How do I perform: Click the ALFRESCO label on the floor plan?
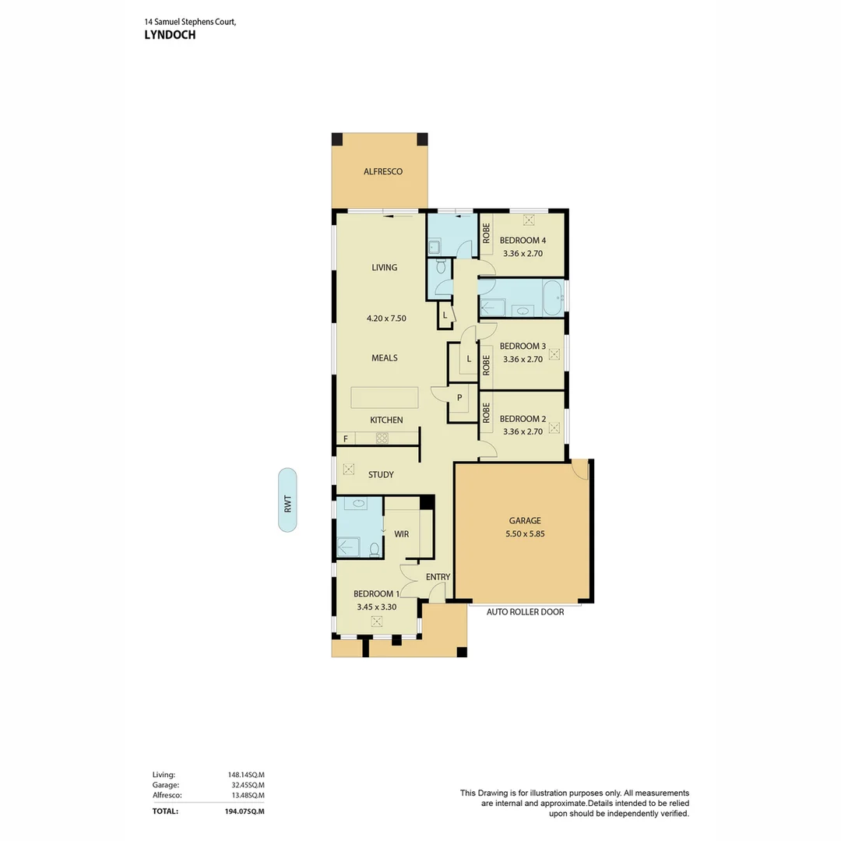pos(383,171)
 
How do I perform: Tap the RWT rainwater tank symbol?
pos(287,500)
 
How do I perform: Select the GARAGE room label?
pos(524,520)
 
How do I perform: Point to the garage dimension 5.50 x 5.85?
pos(524,534)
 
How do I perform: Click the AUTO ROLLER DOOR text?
pos(525,612)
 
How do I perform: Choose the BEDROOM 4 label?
pos(523,241)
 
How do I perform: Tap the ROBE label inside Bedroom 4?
pos(486,234)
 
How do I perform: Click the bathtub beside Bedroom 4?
pos(552,298)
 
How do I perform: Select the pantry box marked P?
pos(459,398)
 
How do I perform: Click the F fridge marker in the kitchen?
pos(345,439)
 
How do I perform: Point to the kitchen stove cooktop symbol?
pos(382,438)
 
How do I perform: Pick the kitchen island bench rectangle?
pos(384,397)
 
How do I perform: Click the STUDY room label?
pos(381,474)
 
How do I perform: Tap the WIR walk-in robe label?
pos(401,534)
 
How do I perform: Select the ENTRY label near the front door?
pos(438,577)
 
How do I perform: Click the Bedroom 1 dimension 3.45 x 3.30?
pos(377,606)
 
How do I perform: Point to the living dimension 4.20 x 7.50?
pos(386,318)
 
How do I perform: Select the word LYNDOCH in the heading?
pos(170,35)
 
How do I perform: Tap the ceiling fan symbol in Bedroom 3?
pos(554,354)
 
